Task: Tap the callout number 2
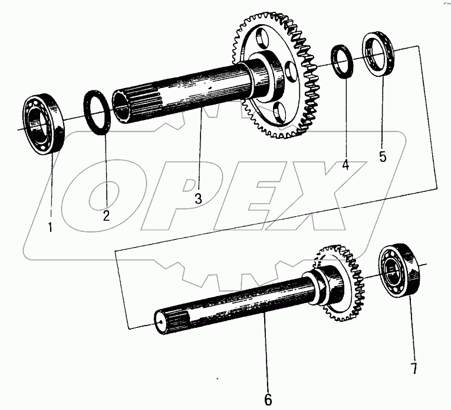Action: coord(107,216)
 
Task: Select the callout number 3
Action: coord(199,199)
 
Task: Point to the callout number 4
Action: coord(345,165)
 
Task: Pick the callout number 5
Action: coord(383,157)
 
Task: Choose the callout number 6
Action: coord(268,399)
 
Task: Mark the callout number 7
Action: coord(414,368)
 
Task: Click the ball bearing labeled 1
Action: coord(44,124)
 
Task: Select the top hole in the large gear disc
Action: coord(262,37)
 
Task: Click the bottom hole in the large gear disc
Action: coord(279,113)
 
